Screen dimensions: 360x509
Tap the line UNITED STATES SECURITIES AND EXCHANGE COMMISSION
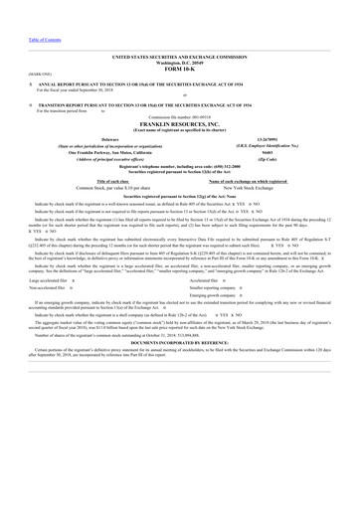pos(180,58)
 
